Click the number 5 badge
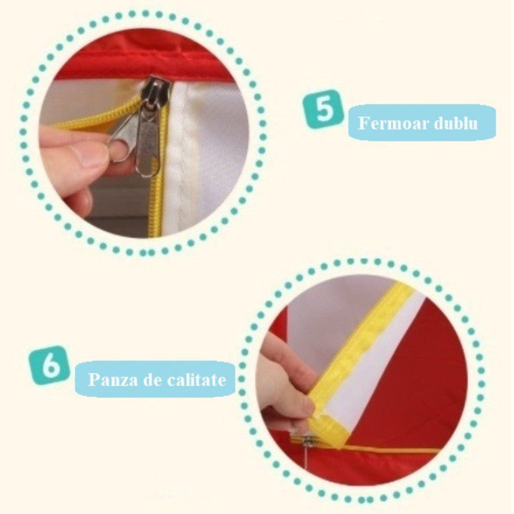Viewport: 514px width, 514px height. click(x=323, y=109)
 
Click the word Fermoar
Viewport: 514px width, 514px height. click(x=393, y=123)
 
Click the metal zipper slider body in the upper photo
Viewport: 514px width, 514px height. click(x=160, y=90)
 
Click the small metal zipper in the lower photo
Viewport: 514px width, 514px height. click(x=307, y=442)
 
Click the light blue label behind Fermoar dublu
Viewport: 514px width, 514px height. click(x=422, y=123)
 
